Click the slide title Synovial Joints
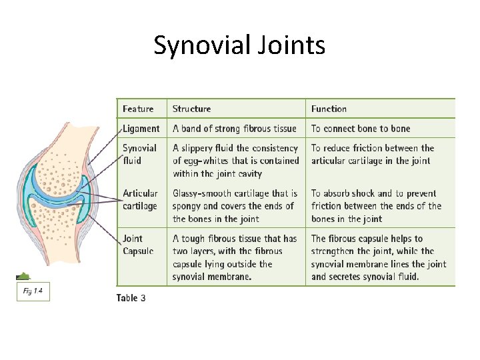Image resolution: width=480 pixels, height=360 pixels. (x=239, y=45)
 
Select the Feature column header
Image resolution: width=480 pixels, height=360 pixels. (x=138, y=109)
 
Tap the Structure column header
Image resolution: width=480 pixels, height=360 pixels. (x=191, y=109)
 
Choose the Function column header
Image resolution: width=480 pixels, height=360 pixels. (x=329, y=109)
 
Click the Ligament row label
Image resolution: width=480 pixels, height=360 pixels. (x=141, y=129)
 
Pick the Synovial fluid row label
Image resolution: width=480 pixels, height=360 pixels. (x=139, y=154)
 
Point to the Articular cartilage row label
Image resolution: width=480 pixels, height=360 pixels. (x=140, y=199)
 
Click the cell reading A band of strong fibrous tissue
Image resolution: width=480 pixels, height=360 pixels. (x=235, y=129)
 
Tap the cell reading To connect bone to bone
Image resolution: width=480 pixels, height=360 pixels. (x=361, y=129)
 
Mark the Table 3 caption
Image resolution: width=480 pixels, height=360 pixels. (x=131, y=297)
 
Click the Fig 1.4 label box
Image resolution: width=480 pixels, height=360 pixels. (x=33, y=291)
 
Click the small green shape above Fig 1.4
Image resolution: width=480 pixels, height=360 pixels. (x=23, y=276)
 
